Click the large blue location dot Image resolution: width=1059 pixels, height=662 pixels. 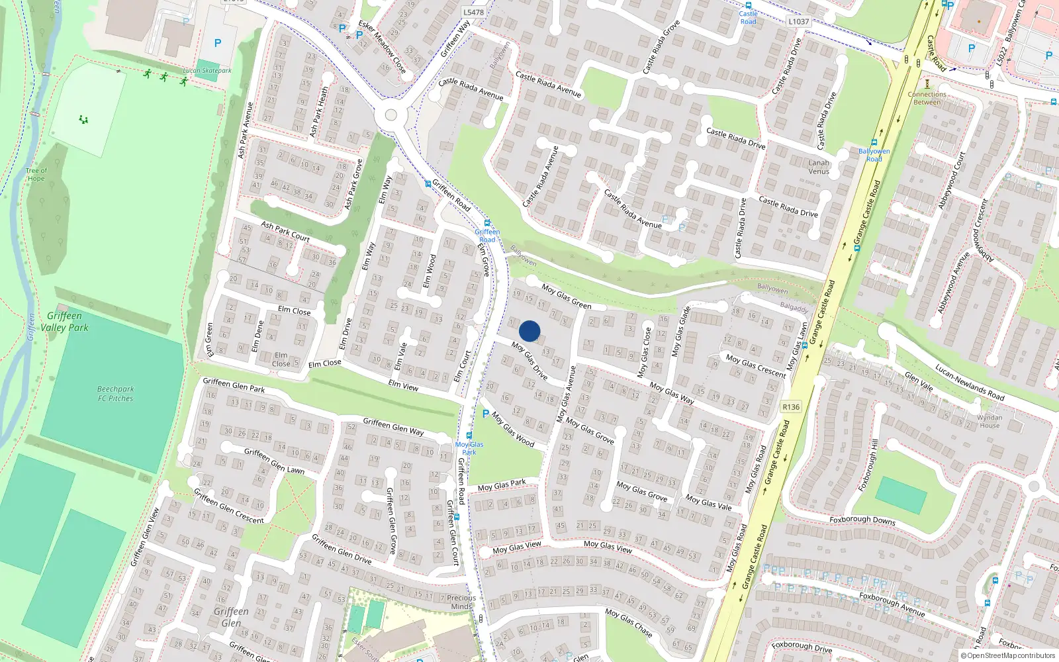tap(529, 331)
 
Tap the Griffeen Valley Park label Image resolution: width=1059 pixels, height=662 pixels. tap(64, 322)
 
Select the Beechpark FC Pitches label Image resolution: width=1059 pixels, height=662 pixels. tap(116, 394)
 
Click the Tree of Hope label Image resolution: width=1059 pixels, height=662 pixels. tap(36, 174)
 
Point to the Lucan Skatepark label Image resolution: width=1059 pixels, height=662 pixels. tap(207, 70)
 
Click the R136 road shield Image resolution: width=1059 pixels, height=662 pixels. tap(790, 407)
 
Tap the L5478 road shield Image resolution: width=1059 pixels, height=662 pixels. tap(473, 12)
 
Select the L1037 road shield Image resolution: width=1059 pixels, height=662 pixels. tap(798, 21)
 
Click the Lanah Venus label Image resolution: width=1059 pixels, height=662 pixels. tap(819, 167)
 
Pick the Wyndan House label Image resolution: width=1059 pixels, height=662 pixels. tap(990, 421)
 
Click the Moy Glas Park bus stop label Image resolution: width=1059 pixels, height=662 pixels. tap(469, 448)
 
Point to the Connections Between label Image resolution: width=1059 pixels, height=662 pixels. tap(927, 98)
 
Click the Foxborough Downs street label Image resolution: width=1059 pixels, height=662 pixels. tap(862, 520)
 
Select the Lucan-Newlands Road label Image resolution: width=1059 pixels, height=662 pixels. tap(970, 383)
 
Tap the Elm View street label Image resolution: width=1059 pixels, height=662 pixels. tap(403, 385)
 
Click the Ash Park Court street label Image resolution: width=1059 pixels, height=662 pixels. tap(285, 231)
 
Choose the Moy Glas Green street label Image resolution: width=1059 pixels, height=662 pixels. tap(566, 296)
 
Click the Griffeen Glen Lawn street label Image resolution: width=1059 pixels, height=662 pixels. tap(274, 461)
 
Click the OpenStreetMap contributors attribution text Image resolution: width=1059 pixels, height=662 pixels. tap(1008, 655)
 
